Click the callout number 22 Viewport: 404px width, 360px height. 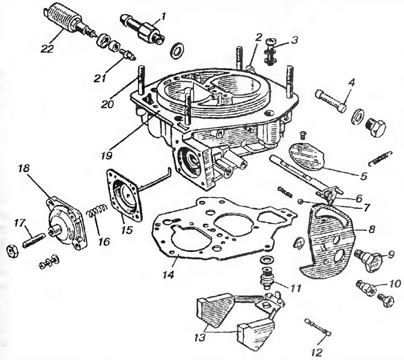(47, 48)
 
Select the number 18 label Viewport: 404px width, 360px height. (24, 169)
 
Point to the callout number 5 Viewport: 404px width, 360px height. (364, 176)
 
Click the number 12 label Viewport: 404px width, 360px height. (317, 352)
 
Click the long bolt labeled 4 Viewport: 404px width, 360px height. (330, 101)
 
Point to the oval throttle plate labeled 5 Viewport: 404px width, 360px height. (307, 156)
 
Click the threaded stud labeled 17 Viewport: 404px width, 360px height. (34, 240)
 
